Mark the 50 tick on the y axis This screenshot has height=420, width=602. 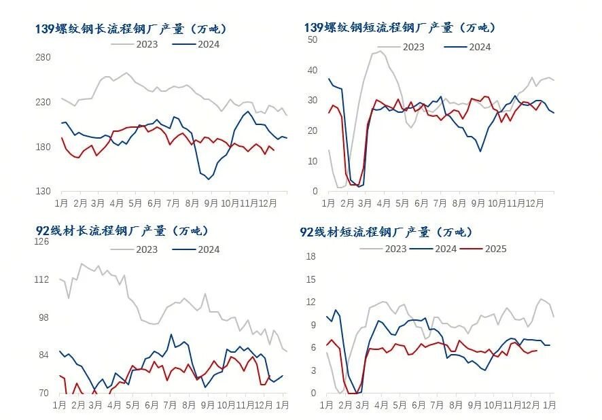pos(313,39)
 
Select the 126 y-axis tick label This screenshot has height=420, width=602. pos(41,241)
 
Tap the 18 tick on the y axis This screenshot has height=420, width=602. pos(312,256)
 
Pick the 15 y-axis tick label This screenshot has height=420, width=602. pos(312,279)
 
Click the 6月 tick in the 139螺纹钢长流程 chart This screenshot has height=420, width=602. pos(154,203)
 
